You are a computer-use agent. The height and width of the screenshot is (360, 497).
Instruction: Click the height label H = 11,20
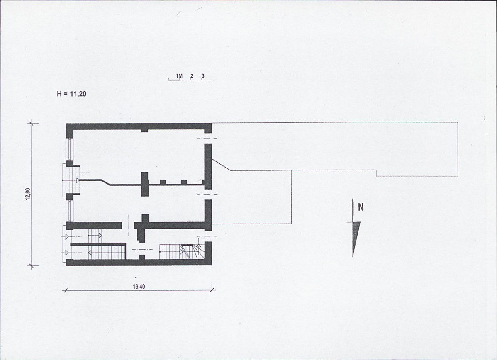(71, 94)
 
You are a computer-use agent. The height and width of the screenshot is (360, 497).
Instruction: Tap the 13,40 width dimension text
(139, 287)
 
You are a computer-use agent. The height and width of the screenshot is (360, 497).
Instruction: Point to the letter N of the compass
(361, 207)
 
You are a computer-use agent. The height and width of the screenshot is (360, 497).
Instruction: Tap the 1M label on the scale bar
(179, 76)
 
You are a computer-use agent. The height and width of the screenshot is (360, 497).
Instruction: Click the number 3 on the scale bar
(202, 76)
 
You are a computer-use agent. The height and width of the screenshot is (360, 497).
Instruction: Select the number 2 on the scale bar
(192, 76)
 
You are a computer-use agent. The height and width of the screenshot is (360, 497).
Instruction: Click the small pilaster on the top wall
(144, 130)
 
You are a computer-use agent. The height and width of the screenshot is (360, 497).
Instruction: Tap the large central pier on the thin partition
(145, 184)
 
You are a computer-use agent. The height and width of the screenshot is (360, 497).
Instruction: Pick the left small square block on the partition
(163, 182)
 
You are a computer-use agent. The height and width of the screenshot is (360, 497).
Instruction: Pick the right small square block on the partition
(184, 182)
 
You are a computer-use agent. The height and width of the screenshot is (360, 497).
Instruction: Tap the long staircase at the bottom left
(107, 253)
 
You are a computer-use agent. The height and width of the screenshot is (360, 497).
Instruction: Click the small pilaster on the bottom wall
(142, 257)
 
